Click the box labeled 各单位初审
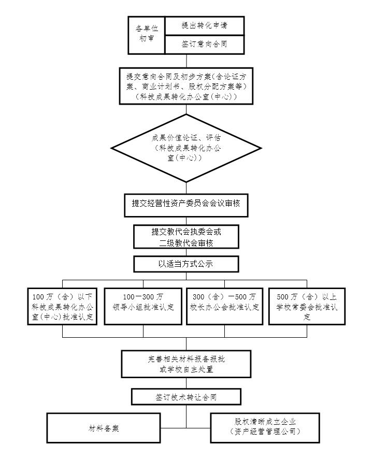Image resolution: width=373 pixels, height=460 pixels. (147, 35)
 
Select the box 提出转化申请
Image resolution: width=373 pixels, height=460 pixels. (204, 25)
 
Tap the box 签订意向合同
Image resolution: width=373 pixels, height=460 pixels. (204, 44)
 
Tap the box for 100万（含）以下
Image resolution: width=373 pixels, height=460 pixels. (63, 307)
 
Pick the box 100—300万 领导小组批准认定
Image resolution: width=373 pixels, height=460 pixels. (143, 307)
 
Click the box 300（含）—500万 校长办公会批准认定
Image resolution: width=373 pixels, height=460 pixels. (224, 307)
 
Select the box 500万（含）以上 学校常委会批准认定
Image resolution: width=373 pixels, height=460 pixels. (307, 307)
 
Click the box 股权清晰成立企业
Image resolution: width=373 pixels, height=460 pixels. (265, 427)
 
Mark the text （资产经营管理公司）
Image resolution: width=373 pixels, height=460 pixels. (265, 432)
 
